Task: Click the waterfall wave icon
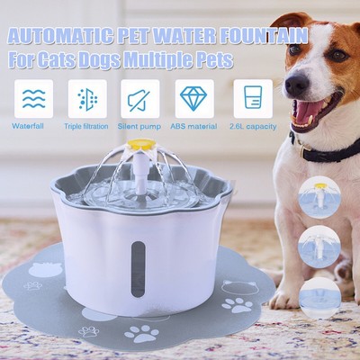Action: click(33, 98)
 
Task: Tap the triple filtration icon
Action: click(86, 98)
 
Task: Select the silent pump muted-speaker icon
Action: click(139, 98)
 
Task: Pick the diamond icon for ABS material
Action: click(193, 98)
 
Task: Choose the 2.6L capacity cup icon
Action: click(253, 98)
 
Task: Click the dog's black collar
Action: click(329, 151)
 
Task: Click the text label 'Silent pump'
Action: click(139, 126)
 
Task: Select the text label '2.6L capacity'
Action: click(253, 126)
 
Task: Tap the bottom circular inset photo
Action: click(319, 294)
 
